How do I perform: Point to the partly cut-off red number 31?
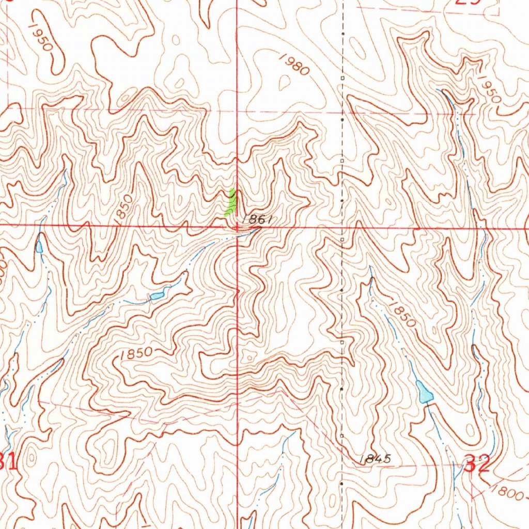(x=8, y=461)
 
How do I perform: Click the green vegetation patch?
(x=230, y=203)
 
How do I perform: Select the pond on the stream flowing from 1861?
(x=157, y=295)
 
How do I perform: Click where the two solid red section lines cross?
(x=237, y=226)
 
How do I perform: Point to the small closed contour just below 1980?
(x=284, y=81)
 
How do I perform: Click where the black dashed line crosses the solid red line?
(x=343, y=226)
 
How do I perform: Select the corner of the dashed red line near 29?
(x=499, y=14)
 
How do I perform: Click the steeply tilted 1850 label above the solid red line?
(x=124, y=209)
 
